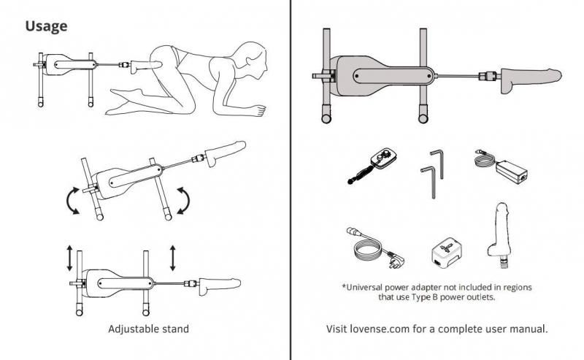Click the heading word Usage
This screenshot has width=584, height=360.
(x=47, y=26)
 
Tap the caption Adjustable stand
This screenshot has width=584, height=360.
(x=148, y=329)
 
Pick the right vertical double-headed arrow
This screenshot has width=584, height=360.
(x=173, y=258)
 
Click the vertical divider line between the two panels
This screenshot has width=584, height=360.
(x=291, y=183)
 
